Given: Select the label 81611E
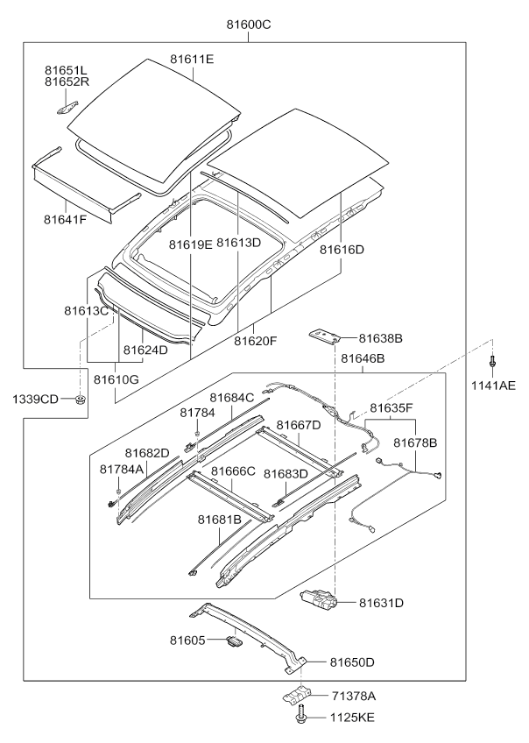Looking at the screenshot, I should pyautogui.click(x=192, y=60).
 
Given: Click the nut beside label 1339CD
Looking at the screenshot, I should pyautogui.click(x=81, y=400).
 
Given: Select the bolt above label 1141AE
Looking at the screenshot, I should pyautogui.click(x=494, y=360).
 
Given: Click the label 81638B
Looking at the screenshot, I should pyautogui.click(x=379, y=337).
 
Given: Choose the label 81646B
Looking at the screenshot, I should pyautogui.click(x=363, y=358).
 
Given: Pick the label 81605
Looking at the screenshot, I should pyautogui.click(x=187, y=640).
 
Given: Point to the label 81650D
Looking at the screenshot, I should pyautogui.click(x=352, y=662).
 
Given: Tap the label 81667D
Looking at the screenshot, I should pyautogui.click(x=299, y=425).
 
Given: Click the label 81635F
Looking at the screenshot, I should pyautogui.click(x=391, y=407).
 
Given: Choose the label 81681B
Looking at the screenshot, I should pyautogui.click(x=219, y=520).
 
